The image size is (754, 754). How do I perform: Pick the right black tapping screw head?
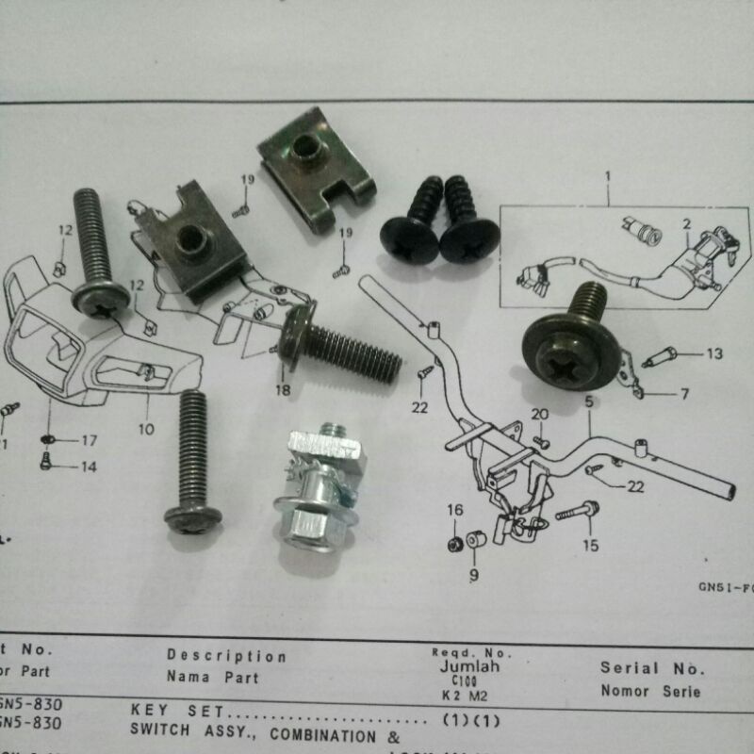point(469,240)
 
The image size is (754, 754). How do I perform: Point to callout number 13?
point(713,354)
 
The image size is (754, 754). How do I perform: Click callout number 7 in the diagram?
point(685,393)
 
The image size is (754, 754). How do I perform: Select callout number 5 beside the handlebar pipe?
point(589,402)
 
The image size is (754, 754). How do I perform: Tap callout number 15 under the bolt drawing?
point(590,545)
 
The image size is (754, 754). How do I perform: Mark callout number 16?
point(455,510)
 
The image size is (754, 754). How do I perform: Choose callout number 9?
point(473,572)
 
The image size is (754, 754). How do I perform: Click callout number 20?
point(538,415)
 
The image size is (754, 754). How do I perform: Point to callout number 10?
point(146,430)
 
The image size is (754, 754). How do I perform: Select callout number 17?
point(89,440)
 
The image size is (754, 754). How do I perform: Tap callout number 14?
point(89,467)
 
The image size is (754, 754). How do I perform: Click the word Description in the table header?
point(226,656)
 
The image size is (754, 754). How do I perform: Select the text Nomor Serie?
point(650,692)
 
